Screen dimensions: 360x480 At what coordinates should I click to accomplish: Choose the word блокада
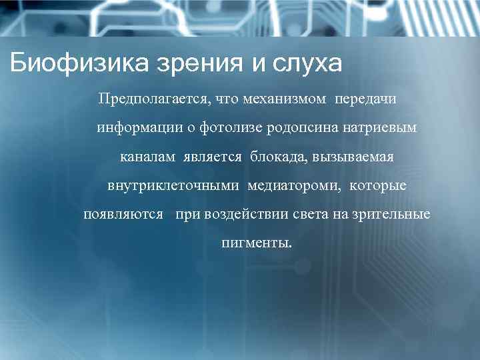coord(275,158)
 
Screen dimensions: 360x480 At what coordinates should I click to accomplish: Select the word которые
coord(377,187)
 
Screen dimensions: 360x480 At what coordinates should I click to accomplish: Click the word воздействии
coord(237,216)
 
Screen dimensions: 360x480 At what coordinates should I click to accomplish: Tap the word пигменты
coord(256,244)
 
